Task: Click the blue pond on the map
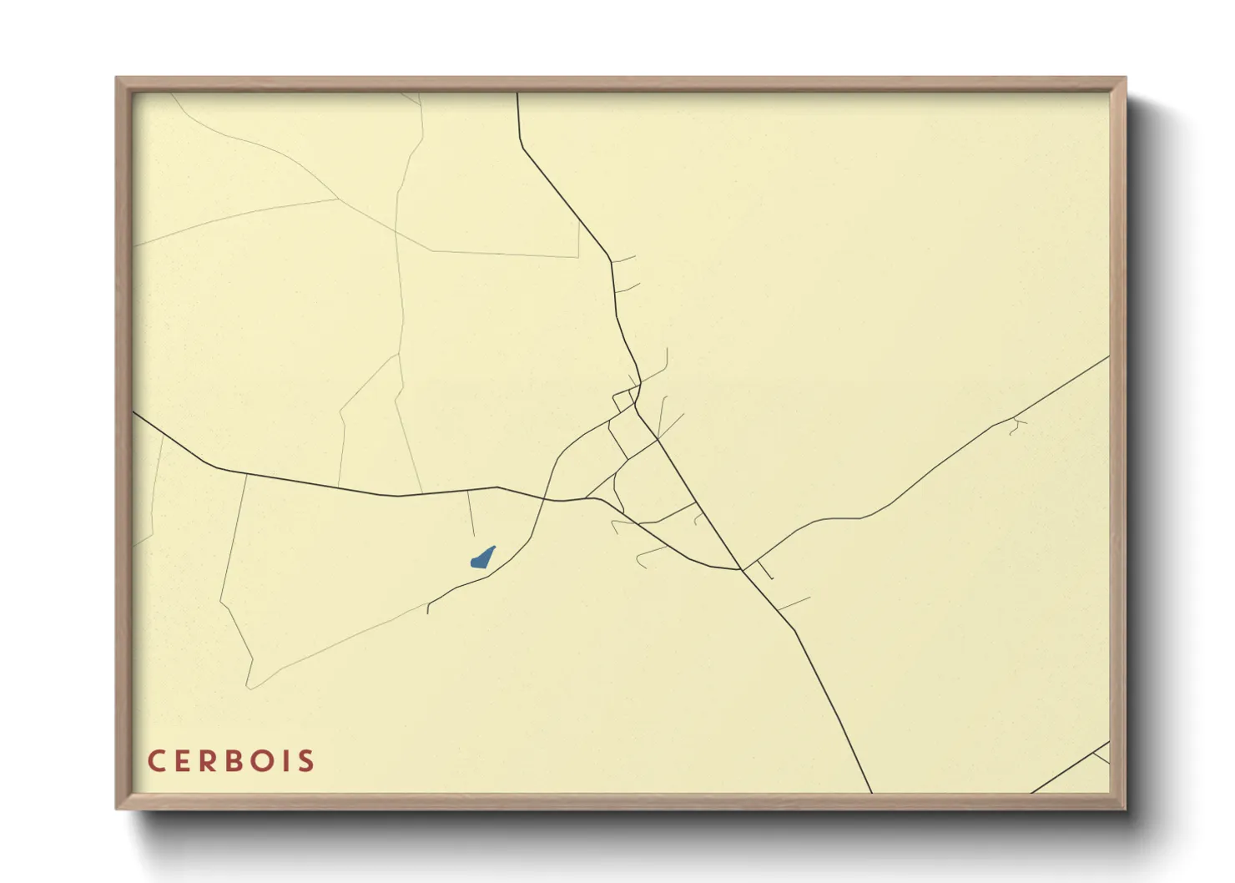[x=482, y=558]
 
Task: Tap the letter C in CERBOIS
[x=156, y=761]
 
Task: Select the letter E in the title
[x=184, y=761]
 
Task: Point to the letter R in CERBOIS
[x=212, y=761]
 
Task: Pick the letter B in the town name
[x=241, y=761]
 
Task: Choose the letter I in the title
[x=292, y=761]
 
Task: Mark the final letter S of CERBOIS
[x=308, y=761]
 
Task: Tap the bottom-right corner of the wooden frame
[x=1125, y=808]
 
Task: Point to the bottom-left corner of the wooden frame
[x=117, y=808]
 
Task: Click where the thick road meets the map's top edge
[x=517, y=93]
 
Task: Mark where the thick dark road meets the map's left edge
[x=134, y=412]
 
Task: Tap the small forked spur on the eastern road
[x=1016, y=426]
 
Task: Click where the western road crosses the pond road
[x=545, y=499]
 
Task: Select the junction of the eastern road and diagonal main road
[x=742, y=570]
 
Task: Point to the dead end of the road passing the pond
[x=428, y=613]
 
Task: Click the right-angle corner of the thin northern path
[x=578, y=256]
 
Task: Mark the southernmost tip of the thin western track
[x=249, y=689]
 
